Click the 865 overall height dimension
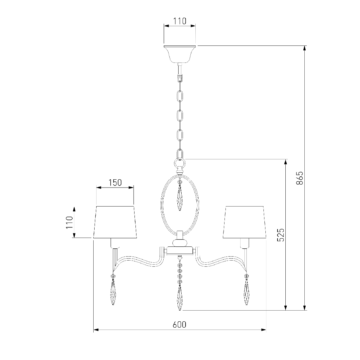click(x=299, y=178)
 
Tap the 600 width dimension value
click(x=179, y=325)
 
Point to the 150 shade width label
click(x=115, y=183)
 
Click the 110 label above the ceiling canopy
click(x=180, y=21)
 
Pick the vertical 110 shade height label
click(x=69, y=222)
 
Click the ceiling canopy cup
click(x=180, y=54)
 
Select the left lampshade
click(x=115, y=222)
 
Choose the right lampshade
click(x=244, y=222)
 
